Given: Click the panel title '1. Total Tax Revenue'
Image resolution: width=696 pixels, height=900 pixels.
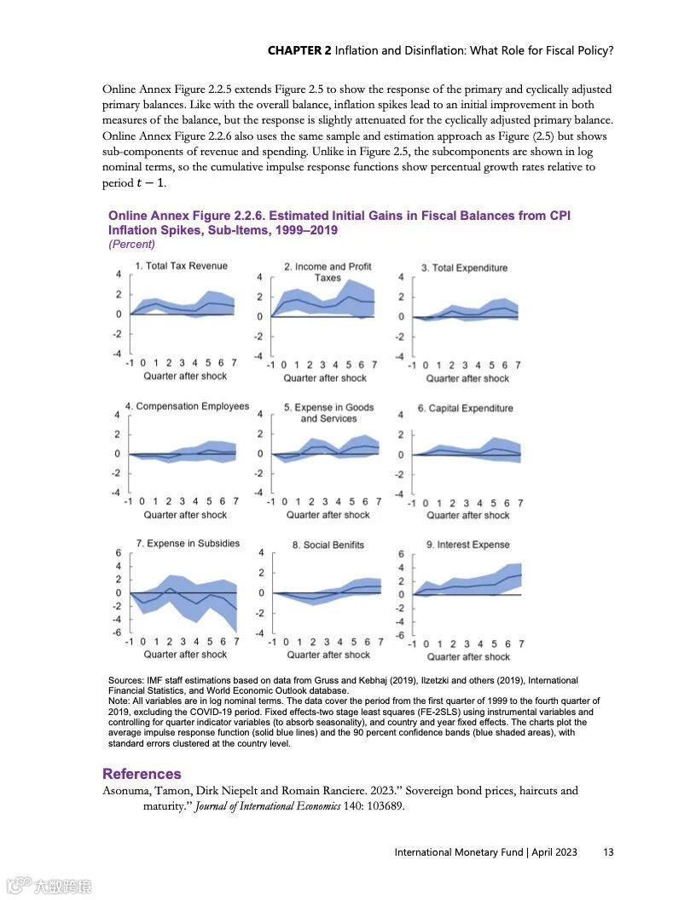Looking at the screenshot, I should coord(182,266).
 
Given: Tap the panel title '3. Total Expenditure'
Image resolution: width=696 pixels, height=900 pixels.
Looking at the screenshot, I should coord(464,268).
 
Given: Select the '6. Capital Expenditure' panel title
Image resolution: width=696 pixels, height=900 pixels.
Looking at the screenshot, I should coord(465,408).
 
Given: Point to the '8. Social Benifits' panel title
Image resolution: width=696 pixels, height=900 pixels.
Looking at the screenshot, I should coord(328,545).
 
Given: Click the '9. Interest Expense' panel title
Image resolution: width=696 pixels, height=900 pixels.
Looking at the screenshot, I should coord(467,545).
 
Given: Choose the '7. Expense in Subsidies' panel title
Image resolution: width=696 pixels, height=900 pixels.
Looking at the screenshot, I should coord(188,543).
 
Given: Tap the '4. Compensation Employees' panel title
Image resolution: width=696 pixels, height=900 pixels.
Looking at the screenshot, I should coord(187,407).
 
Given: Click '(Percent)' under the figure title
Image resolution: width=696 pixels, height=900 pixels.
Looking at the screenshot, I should coord(131,244).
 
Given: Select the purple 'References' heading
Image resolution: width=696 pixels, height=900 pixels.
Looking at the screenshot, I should coord(142,774).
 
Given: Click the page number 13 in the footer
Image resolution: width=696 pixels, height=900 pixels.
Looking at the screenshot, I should coord(608,852).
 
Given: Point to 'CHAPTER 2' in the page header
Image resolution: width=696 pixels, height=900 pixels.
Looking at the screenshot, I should coord(299,50).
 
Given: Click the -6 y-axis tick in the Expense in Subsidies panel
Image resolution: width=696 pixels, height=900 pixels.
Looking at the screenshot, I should coord(118,632).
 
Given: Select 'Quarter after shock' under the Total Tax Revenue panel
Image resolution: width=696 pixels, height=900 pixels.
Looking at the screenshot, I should coord(185,376).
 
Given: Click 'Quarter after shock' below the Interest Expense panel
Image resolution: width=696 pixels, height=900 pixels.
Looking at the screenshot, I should coord(468,656).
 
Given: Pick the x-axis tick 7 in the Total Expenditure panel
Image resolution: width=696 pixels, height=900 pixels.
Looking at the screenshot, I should coord(518,366).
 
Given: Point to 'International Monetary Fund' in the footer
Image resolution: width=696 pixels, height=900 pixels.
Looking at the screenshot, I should coord(459,852).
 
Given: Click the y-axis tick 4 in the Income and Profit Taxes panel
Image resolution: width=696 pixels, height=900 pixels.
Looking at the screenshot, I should coord(259,278).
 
